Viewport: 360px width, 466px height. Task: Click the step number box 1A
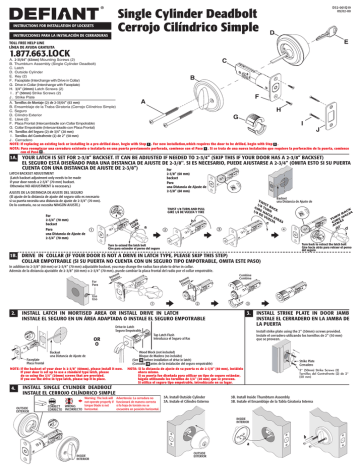click(x=12, y=157)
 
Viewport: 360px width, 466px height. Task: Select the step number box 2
click(x=11, y=289)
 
